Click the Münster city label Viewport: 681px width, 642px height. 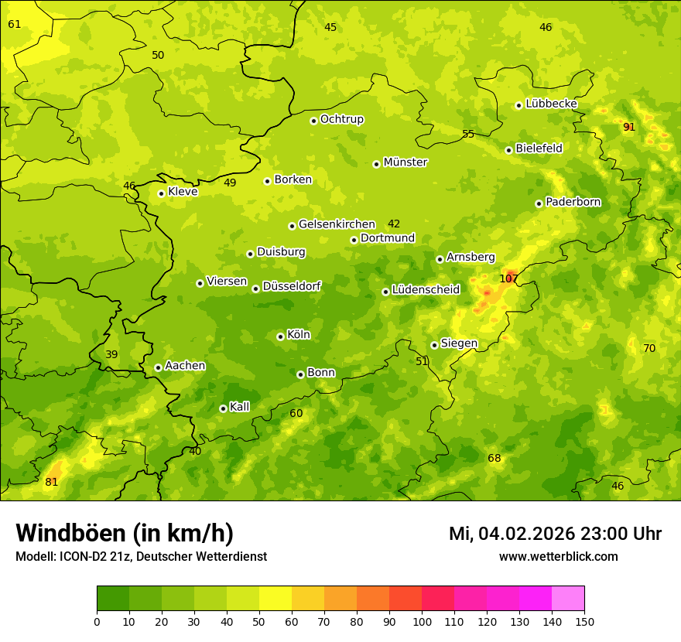tap(406, 162)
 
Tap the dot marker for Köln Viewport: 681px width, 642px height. tap(280, 336)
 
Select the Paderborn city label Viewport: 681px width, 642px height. tap(573, 202)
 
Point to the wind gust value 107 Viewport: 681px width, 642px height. tap(508, 278)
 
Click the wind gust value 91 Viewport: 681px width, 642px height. tap(629, 127)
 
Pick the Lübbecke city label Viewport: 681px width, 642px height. tap(551, 104)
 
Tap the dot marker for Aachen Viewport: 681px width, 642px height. tap(158, 367)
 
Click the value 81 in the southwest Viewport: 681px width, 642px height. tap(52, 482)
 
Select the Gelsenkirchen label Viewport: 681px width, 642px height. tap(337, 224)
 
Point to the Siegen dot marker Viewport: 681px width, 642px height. tap(434, 345)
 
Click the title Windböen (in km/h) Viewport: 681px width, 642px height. tap(125, 533)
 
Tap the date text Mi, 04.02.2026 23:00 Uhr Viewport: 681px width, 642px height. tap(555, 534)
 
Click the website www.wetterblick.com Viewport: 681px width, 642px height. tap(558, 556)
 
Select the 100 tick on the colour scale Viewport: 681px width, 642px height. tap(422, 621)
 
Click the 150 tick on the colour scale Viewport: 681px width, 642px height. tap(583, 621)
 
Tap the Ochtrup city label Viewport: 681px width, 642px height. tap(341, 119)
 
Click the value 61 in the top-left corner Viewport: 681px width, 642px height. tap(15, 24)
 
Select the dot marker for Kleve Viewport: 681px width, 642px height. tap(161, 193)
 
